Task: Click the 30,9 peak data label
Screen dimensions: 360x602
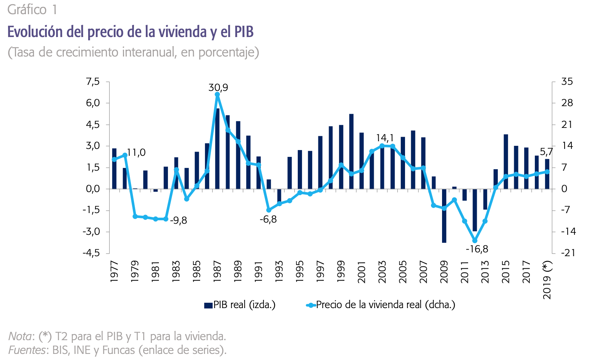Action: click(218, 87)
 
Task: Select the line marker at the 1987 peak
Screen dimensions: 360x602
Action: click(217, 95)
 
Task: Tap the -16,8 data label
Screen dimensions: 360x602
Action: click(477, 249)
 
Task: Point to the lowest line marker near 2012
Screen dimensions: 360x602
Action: click(475, 241)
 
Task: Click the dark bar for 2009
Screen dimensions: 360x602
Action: click(444, 216)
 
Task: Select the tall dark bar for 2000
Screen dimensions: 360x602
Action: click(351, 151)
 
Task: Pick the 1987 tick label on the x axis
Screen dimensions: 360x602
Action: click(217, 271)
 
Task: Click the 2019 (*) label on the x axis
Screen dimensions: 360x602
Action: click(547, 281)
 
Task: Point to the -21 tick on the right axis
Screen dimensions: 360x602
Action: click(568, 253)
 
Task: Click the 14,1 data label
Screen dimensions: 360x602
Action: click(385, 138)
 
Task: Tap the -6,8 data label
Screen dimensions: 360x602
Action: click(268, 220)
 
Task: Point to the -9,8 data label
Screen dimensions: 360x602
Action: click(178, 221)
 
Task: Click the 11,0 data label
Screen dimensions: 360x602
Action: click(136, 153)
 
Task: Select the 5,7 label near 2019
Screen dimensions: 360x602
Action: click(546, 152)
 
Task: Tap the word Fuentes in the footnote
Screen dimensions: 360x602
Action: click(26, 350)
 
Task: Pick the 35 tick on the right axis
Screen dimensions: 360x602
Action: click(567, 81)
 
